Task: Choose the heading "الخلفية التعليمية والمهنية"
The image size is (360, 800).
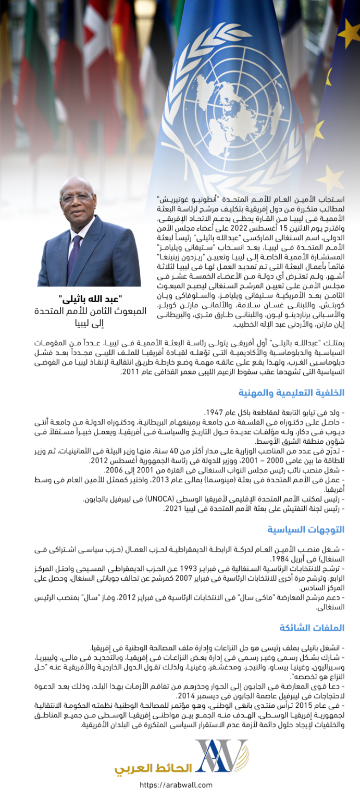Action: tap(291, 392)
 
